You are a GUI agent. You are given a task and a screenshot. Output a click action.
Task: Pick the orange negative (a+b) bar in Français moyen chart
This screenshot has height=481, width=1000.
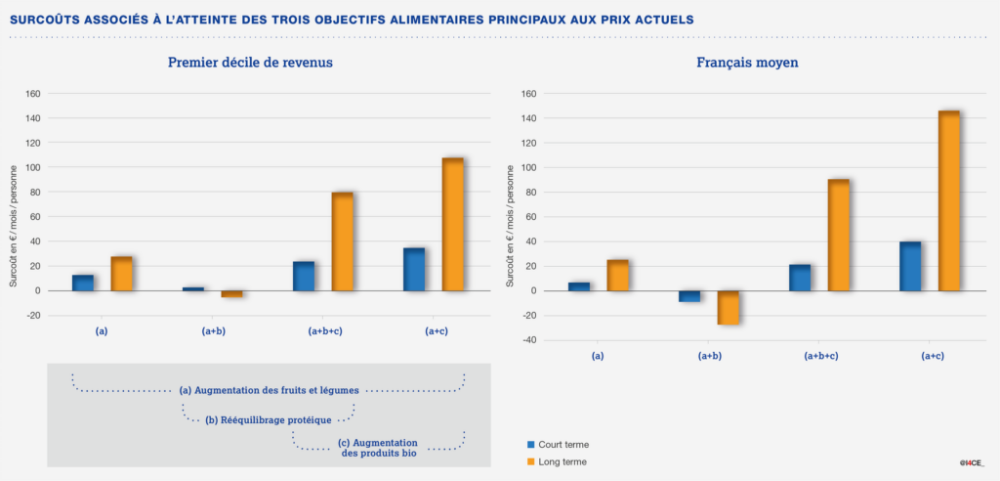click(729, 307)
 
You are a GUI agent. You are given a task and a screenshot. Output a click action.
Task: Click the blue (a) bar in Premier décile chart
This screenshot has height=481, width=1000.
click(83, 283)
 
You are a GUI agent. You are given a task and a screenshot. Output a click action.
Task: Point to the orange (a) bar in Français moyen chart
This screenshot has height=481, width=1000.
click(618, 275)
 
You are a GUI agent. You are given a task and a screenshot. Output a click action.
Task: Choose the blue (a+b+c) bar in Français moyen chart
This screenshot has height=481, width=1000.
click(800, 278)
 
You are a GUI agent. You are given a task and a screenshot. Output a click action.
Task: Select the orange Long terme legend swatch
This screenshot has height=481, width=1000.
click(531, 460)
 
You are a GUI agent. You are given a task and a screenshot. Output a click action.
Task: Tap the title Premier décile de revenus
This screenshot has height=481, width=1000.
click(250, 62)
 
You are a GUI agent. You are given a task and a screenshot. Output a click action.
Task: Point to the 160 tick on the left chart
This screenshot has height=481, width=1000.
click(33, 94)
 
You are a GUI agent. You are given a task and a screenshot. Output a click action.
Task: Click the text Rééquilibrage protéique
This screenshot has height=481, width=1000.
click(269, 420)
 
